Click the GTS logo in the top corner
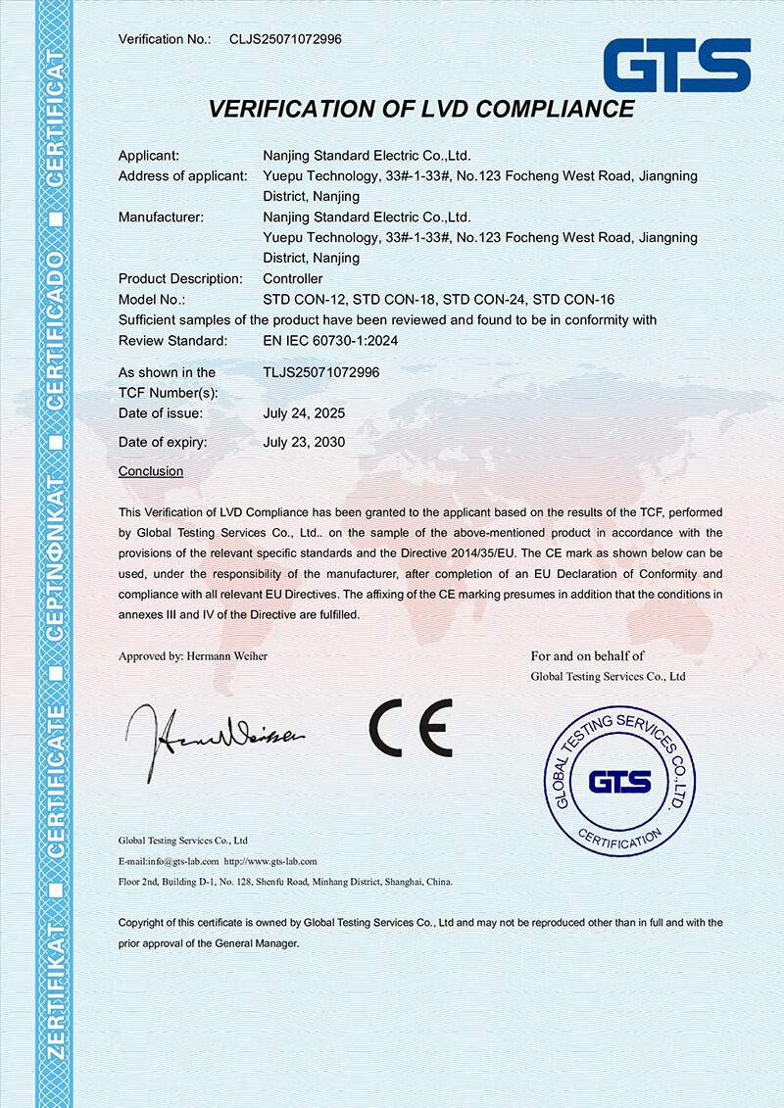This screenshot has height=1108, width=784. pos(677,67)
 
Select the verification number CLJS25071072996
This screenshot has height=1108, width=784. pos(285,39)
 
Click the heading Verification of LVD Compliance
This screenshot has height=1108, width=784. pos(421,109)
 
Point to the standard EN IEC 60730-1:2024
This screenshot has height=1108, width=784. pos(330,341)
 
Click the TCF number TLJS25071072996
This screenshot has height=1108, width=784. pos(321,372)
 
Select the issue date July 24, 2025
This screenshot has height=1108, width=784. pos(304,413)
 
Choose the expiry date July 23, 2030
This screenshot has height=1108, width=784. pos(304,443)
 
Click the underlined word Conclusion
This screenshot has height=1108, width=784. pos(151,471)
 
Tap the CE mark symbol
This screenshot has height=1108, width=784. pos(411,727)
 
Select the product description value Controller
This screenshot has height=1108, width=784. pos(293,279)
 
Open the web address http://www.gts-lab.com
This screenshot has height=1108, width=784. pos(270,861)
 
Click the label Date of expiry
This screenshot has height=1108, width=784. pos(163,443)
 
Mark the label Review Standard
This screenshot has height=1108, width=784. pos(172,341)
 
